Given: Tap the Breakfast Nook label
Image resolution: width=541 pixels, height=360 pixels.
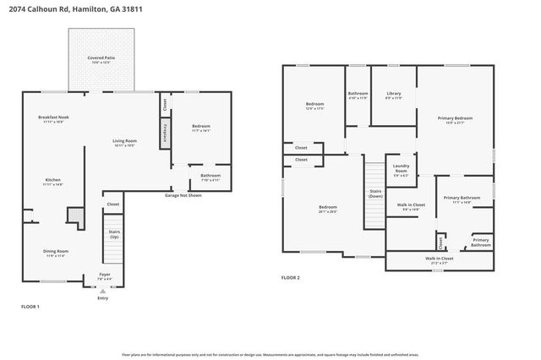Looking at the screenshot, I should pos(53,118).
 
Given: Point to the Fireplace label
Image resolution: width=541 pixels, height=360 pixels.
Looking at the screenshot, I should pos(164,134).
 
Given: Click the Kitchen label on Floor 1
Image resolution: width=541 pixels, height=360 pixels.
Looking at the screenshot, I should pos(53,180).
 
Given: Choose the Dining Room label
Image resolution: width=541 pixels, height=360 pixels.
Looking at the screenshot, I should pos(57,251).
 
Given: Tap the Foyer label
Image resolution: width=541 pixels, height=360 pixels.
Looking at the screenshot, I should pos(104,275).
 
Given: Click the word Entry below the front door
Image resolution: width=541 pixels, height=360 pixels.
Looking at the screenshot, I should pos(103,297).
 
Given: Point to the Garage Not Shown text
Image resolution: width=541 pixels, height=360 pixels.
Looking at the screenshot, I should pos(183,194).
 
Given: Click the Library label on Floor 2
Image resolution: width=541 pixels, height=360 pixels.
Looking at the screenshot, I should pos(393,94).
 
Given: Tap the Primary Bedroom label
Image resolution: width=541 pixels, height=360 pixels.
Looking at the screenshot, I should pos(455,119).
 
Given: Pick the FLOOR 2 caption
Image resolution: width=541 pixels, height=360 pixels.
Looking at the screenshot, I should pos(291,277).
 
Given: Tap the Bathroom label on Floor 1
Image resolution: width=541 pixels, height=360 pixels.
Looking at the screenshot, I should pos(210,177).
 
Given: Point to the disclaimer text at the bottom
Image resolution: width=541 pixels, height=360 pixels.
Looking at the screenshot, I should pos(270,356).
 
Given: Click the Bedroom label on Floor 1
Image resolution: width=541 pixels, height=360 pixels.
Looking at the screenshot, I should pos(199,127).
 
